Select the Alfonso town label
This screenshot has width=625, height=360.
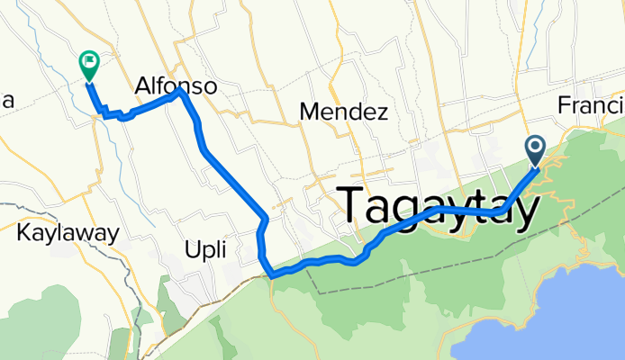(x=176, y=86)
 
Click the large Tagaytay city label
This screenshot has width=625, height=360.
(x=440, y=207)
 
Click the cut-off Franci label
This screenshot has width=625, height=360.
(x=590, y=105)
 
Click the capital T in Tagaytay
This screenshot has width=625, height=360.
(x=355, y=205)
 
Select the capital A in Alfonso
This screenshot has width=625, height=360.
(x=143, y=86)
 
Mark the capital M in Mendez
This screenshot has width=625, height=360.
(x=309, y=112)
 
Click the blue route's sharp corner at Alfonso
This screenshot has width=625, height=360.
(x=182, y=91)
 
